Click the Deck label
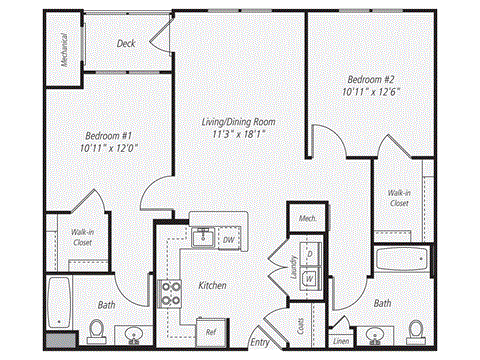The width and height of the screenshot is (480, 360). coord(126,44)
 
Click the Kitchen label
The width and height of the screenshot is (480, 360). coord(212,285)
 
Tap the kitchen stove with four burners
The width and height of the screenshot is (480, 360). coord(170,293)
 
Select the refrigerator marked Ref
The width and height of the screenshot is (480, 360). coord(211,331)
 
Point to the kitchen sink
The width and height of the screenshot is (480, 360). coord(203,237)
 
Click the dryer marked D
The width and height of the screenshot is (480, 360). coord(310,254)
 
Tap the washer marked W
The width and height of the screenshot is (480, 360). coord(310,277)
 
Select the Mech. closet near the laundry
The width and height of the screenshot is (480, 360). coord(302,217)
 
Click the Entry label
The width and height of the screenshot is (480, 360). coord(260,342)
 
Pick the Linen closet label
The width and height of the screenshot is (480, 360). coord(341,341)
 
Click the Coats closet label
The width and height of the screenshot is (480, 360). coord(301,325)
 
